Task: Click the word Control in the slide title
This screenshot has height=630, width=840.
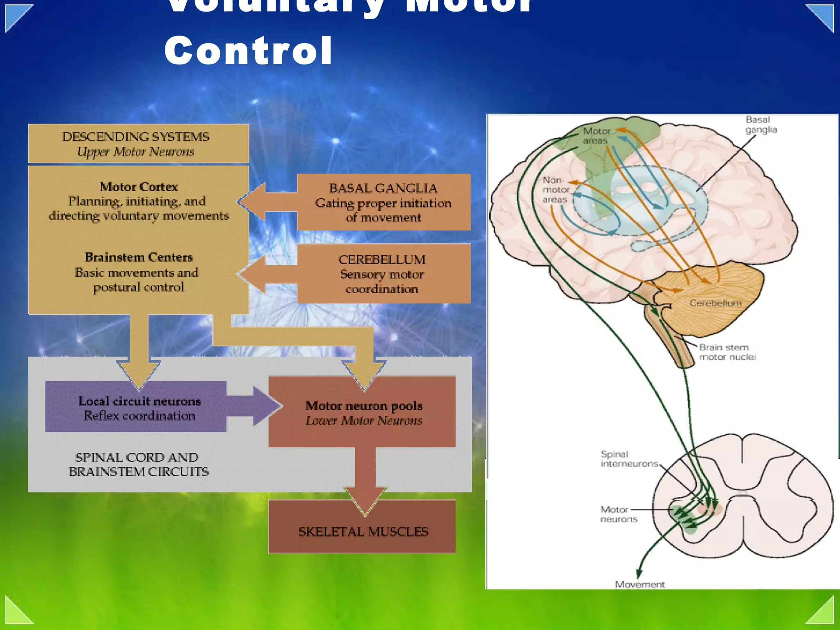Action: click(x=248, y=50)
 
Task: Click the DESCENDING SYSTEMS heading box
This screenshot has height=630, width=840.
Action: click(x=138, y=144)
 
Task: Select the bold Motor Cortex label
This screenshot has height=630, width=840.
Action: click(x=139, y=187)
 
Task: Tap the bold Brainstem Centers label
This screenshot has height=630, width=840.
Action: click(x=139, y=257)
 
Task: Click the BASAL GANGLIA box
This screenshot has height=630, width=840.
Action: click(x=383, y=202)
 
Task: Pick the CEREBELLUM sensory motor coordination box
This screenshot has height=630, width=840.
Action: click(x=383, y=274)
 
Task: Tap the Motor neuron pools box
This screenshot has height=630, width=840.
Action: click(x=363, y=412)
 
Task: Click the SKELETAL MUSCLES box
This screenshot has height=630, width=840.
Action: click(x=363, y=532)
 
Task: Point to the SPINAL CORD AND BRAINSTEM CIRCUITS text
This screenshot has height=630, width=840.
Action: click(x=138, y=464)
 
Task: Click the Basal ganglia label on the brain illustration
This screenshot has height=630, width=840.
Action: click(x=761, y=125)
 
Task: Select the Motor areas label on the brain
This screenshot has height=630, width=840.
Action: click(x=596, y=136)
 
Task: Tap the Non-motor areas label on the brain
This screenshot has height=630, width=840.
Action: click(x=555, y=190)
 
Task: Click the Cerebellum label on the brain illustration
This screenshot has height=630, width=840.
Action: click(x=715, y=303)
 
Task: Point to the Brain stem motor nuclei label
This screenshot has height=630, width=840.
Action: click(x=727, y=352)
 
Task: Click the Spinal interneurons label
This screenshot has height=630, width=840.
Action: click(x=629, y=459)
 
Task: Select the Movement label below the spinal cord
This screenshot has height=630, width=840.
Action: click(x=639, y=584)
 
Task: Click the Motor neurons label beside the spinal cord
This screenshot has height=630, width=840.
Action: click(x=618, y=514)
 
